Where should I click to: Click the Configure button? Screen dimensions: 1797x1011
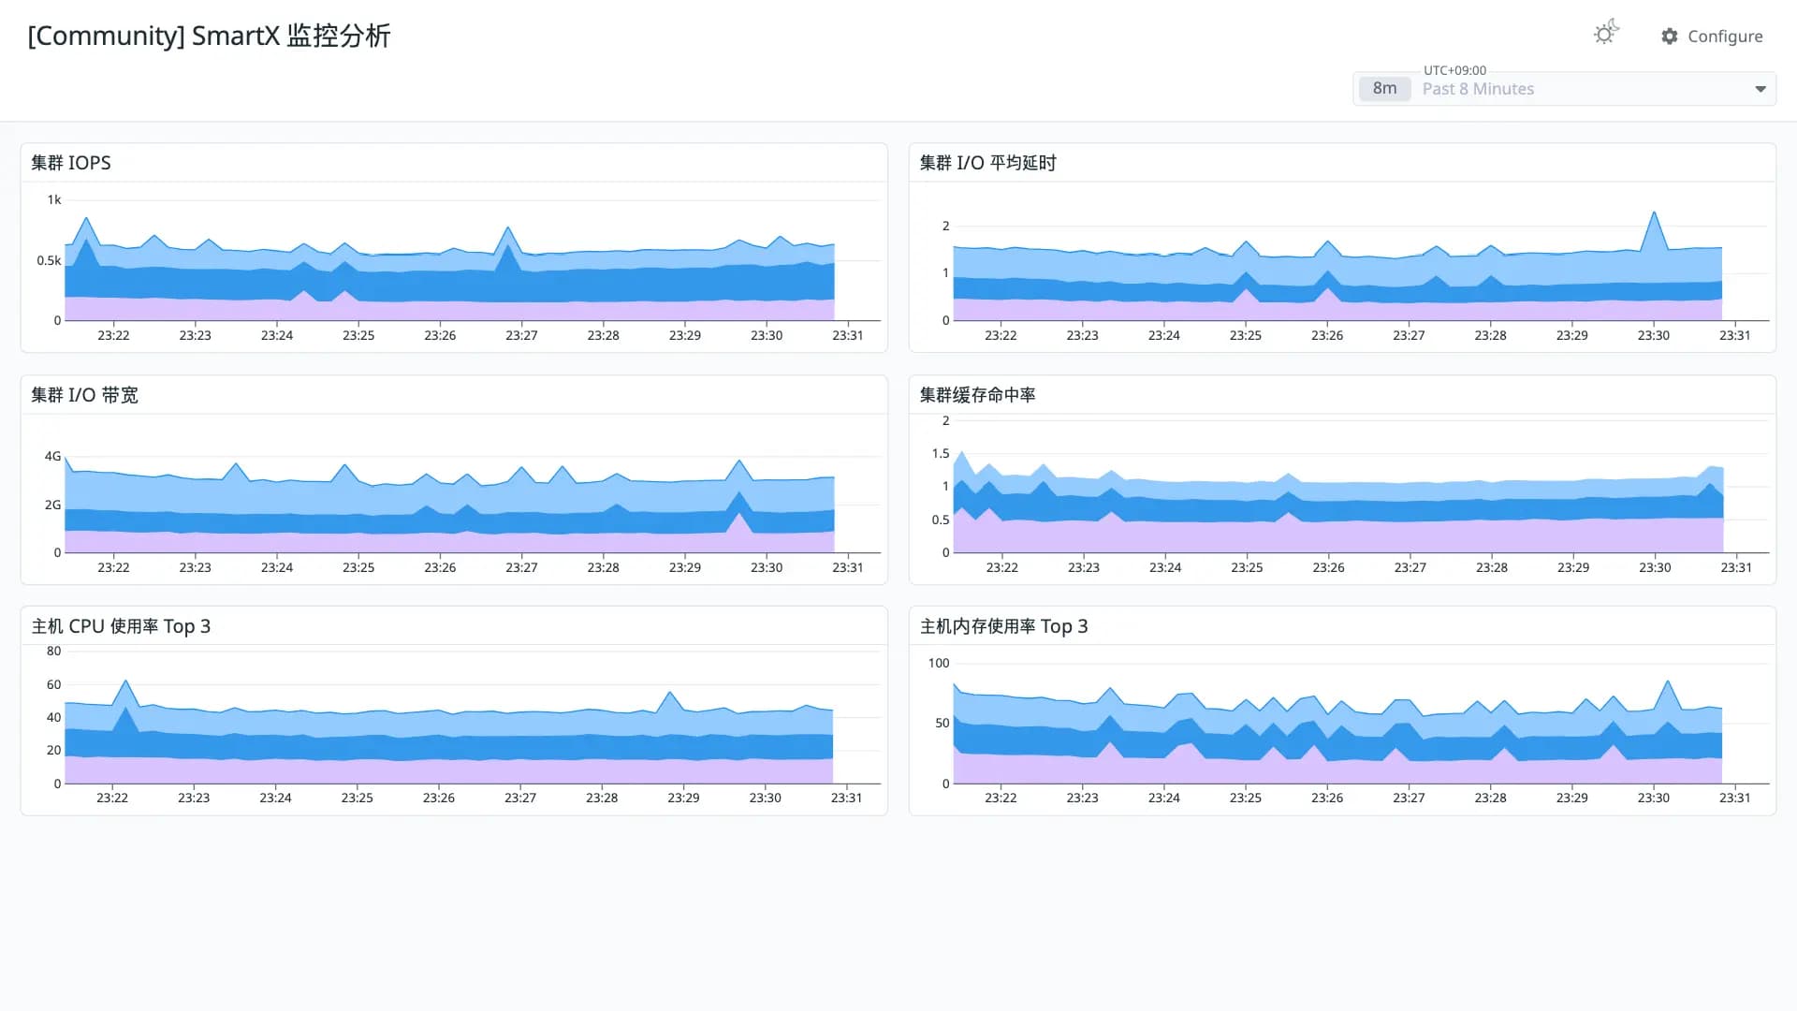pos(1712,36)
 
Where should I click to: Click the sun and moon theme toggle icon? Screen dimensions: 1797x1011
pos(1606,32)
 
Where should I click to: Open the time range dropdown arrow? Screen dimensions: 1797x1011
pos(1760,89)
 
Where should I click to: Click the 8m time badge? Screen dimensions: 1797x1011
pos(1384,88)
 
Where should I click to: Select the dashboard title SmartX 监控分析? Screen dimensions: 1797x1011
pos(291,36)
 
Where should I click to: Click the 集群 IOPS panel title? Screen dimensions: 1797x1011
pos(71,163)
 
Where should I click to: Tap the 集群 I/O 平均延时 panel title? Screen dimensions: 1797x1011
pos(987,163)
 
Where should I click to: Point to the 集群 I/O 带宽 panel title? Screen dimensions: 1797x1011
pos(84,395)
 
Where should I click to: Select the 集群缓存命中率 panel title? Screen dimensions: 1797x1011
pos(977,395)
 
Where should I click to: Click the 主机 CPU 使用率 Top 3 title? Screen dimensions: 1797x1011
pos(121,626)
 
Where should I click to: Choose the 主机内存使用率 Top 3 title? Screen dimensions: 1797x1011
pos(1003,626)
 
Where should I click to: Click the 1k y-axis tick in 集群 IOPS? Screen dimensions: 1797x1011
pos(54,199)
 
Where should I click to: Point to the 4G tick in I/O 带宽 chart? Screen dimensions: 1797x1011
pos(52,456)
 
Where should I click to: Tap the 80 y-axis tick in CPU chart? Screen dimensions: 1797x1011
pos(54,651)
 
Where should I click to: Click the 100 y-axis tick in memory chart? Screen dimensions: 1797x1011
pos(939,663)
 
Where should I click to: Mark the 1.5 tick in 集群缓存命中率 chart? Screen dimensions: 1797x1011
pos(941,453)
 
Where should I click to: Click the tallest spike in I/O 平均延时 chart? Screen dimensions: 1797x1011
pos(1655,212)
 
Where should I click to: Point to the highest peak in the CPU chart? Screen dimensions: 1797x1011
pos(125,681)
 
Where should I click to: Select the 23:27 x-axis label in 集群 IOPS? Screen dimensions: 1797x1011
pos(521,335)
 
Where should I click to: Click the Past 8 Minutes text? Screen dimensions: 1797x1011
pos(1478,89)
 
